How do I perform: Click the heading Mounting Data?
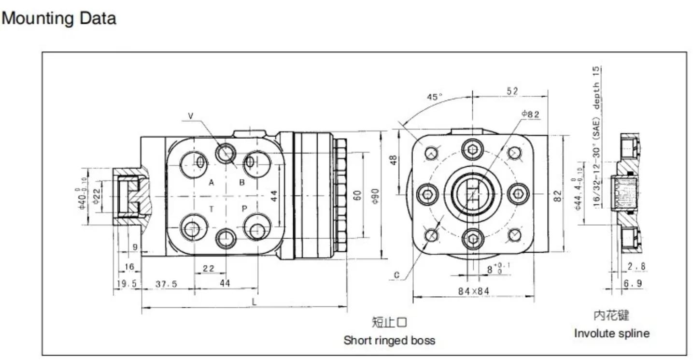pyautogui.click(x=59, y=18)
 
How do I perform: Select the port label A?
pyautogui.click(x=211, y=183)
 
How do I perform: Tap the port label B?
pyautogui.click(x=242, y=183)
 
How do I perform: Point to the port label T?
pyautogui.click(x=211, y=209)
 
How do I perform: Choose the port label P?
pyautogui.click(x=244, y=209)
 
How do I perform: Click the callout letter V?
pyautogui.click(x=190, y=115)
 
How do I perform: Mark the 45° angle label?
pyautogui.click(x=435, y=97)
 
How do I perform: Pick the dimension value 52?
pyautogui.click(x=512, y=90)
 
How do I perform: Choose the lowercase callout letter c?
pyautogui.click(x=396, y=275)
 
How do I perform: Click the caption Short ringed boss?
pyautogui.click(x=389, y=340)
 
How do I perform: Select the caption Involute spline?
pyautogui.click(x=611, y=333)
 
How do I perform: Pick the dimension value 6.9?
pyautogui.click(x=632, y=284)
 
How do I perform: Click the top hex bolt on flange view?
pyautogui.click(x=472, y=149)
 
